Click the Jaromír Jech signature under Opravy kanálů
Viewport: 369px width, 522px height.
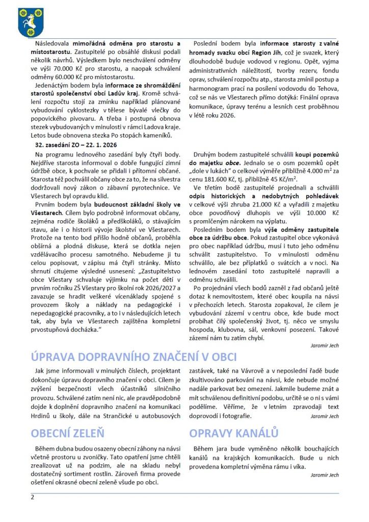[x=325, y=475]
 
